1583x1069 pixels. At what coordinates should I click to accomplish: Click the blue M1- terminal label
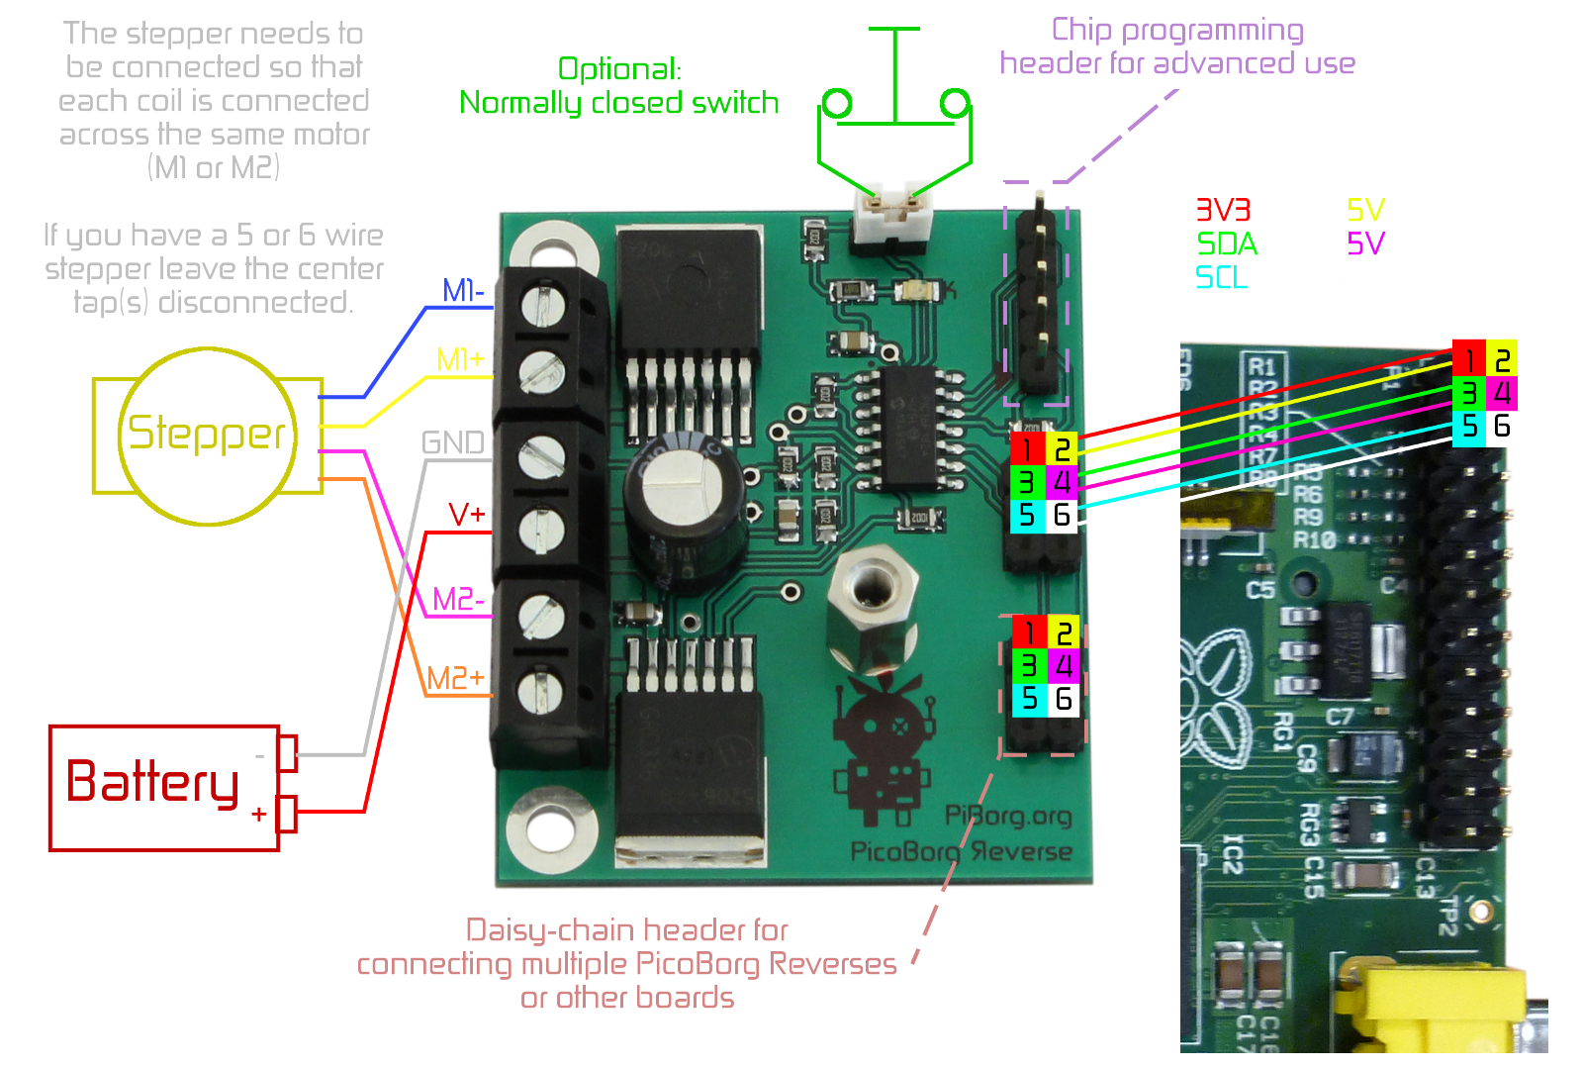(x=463, y=291)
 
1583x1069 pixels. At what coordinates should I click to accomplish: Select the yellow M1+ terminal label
(x=460, y=359)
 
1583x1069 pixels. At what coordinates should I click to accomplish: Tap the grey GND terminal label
(x=453, y=442)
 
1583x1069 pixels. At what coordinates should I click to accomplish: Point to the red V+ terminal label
(x=467, y=515)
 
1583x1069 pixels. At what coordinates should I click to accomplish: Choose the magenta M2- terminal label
(x=458, y=600)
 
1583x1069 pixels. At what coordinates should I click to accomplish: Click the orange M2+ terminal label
(x=455, y=678)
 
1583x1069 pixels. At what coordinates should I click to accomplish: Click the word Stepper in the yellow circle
(x=207, y=434)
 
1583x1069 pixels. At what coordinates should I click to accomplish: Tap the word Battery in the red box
(x=153, y=782)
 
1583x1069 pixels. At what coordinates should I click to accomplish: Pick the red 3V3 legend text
(x=1223, y=210)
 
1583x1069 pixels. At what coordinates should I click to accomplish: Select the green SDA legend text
(x=1227, y=243)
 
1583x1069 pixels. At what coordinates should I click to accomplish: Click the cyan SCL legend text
(x=1221, y=277)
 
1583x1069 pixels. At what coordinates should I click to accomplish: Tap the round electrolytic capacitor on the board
(x=685, y=500)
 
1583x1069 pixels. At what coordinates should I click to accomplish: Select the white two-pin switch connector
(x=891, y=210)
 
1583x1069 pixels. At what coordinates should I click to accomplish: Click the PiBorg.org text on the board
(x=1008, y=816)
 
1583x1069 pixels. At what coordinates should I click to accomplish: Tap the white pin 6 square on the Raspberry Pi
(x=1502, y=427)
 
